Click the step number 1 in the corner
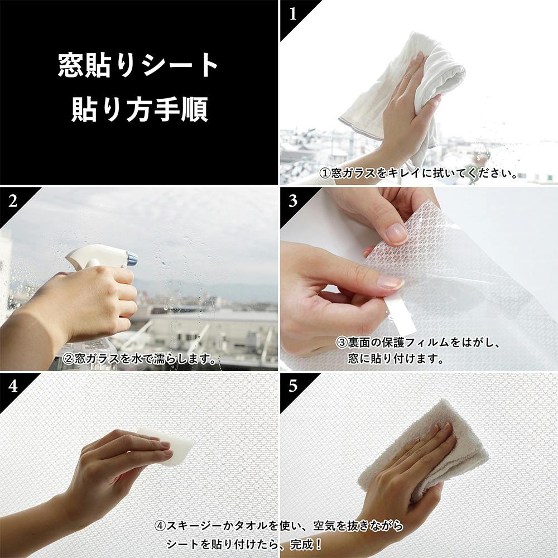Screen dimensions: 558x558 pyautogui.click(x=293, y=15)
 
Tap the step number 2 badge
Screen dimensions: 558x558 pyautogui.click(x=13, y=201)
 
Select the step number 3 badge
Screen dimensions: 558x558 pyautogui.click(x=293, y=201)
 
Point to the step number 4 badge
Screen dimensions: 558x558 pyautogui.click(x=13, y=387)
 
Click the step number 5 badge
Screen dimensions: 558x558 pyautogui.click(x=293, y=387)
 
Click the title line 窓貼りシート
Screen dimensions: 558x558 pyautogui.click(x=138, y=65)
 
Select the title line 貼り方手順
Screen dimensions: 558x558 pyautogui.click(x=139, y=109)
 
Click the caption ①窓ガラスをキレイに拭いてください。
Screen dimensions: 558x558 pyautogui.click(x=419, y=174)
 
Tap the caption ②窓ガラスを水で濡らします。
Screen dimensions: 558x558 pyautogui.click(x=139, y=358)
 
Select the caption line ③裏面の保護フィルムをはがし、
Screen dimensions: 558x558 pyautogui.click(x=419, y=343)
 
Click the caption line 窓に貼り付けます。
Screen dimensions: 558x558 pyautogui.click(x=396, y=358)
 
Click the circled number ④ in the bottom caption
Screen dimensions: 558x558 pyautogui.click(x=160, y=526)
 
